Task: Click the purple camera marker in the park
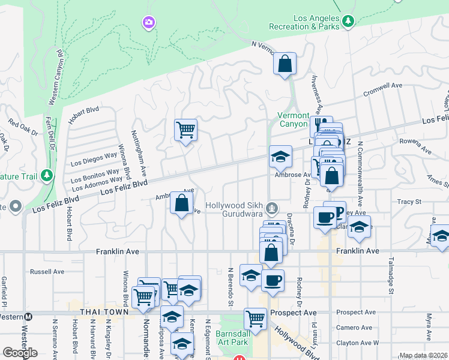point(148,23)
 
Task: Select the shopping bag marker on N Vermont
point(285,64)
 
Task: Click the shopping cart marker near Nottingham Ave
point(185,129)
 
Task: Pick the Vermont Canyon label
point(294,119)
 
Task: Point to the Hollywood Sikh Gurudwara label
point(235,209)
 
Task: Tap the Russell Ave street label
point(47,272)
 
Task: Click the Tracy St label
point(409,202)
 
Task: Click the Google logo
point(20,353)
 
